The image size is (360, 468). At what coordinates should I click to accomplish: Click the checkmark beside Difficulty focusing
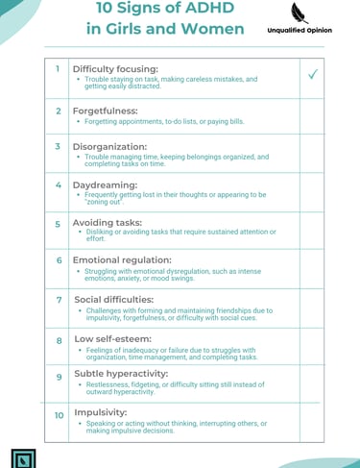coord(314,76)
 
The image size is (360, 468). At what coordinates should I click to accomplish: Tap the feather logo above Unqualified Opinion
coord(299,13)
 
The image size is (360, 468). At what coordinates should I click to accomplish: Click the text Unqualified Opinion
coord(300,30)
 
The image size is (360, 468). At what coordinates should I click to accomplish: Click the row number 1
coord(59,69)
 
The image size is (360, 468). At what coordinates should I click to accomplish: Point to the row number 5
coord(59,222)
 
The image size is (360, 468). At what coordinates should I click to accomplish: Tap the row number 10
coord(59,416)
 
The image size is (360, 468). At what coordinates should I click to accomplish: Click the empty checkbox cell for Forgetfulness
coord(314,115)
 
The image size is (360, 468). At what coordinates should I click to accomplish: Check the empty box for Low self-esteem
coord(314,346)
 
